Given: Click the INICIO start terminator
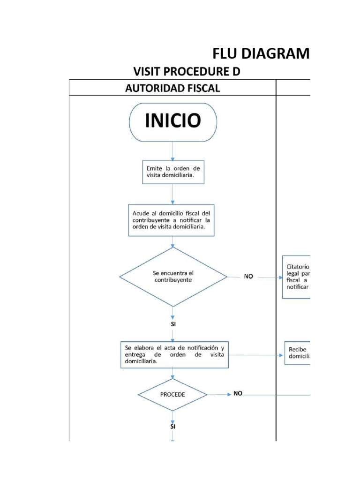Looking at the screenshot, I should [173, 122].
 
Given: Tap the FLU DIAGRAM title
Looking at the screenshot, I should [261, 54].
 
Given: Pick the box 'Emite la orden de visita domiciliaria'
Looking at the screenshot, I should [173, 172].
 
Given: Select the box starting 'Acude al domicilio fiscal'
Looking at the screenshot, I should [173, 220].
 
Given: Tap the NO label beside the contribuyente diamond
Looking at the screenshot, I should [248, 277].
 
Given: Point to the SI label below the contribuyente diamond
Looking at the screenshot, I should [173, 324].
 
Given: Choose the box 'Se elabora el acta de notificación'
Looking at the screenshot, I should [173, 354].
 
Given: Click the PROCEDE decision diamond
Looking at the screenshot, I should [173, 394].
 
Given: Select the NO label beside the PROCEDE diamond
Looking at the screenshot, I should [238, 394].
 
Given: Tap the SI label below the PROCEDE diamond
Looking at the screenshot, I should [173, 427].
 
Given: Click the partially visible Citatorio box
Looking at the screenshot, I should [296, 277].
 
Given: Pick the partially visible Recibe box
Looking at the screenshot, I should [297, 353].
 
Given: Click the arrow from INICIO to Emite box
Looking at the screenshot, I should [173, 151].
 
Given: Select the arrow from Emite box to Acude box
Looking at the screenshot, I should [173, 194].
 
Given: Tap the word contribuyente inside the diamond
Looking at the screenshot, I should [173, 279].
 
